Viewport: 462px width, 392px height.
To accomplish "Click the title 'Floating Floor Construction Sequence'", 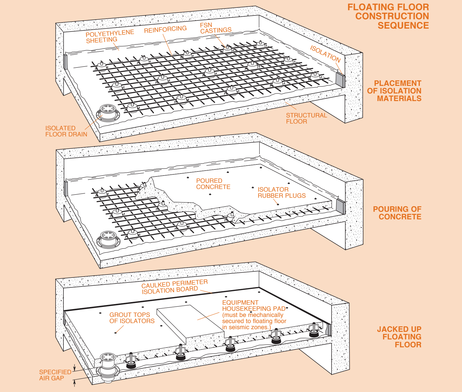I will click(x=388, y=16).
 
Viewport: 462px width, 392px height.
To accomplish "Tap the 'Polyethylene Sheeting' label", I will click(x=110, y=37).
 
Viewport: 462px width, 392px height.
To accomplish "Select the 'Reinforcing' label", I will click(x=165, y=30).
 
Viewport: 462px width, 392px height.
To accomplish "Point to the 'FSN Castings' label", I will click(x=216, y=28).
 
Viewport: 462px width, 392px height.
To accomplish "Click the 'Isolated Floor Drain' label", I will click(x=66, y=131).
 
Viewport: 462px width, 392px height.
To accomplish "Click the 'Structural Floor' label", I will click(x=306, y=118).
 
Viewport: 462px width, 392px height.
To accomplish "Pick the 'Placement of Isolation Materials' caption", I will click(x=394, y=91).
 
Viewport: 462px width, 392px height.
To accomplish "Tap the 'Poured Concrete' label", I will click(x=213, y=184).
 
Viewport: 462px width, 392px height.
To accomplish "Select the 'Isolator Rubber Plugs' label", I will click(x=281, y=192).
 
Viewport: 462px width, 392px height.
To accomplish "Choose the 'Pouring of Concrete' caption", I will click(x=397, y=213).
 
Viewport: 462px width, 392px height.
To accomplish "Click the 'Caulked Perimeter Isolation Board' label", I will click(x=174, y=287).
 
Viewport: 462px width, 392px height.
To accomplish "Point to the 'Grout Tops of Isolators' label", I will click(x=132, y=318).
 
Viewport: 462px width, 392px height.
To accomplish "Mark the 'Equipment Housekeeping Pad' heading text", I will click(x=254, y=306).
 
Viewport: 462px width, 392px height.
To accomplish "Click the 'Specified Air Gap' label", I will click(x=55, y=375).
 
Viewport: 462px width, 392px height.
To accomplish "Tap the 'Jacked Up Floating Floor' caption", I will click(x=399, y=337).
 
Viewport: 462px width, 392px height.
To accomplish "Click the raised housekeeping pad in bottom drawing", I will click(x=190, y=321).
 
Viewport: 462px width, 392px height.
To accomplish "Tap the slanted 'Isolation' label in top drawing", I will click(x=325, y=54).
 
